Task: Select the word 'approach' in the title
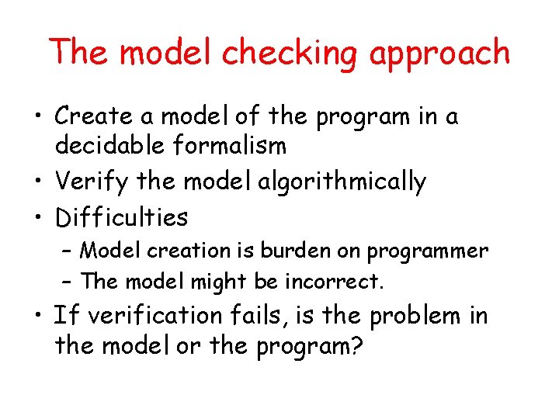(x=440, y=54)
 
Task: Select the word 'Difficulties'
(x=121, y=217)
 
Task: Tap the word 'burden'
(x=294, y=251)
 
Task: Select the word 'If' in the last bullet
(x=66, y=316)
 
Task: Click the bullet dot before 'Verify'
(x=38, y=182)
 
